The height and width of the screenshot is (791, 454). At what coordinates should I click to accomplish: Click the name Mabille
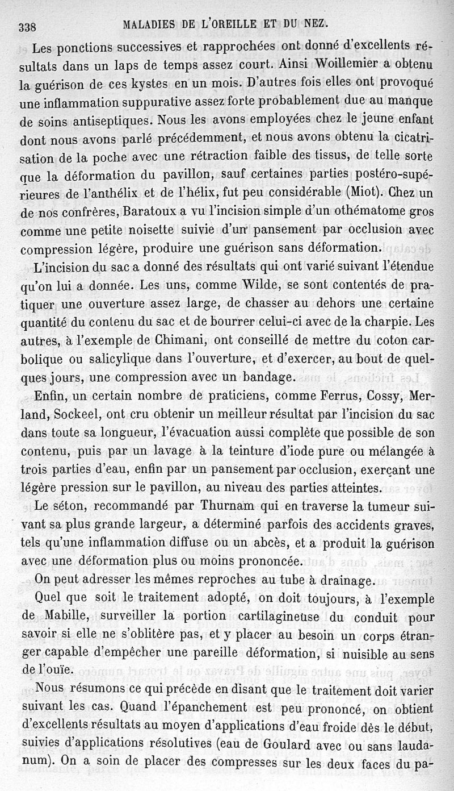click(63, 618)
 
